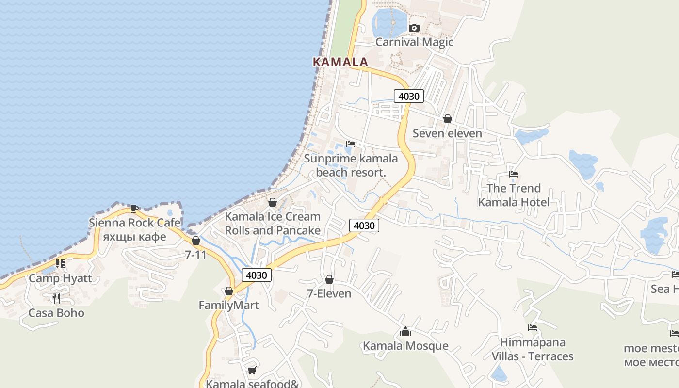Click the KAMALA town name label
340,62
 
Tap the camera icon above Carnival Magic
414,28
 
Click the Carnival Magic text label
414,42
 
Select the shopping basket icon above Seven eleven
447,119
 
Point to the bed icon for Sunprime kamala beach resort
350,144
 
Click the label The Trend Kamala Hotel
514,195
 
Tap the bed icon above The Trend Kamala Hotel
514,174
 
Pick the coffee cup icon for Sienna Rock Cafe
134,209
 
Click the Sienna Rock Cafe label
134,223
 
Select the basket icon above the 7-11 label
196,241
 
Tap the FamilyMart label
228,306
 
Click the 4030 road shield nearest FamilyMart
256,275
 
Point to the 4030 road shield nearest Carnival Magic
408,96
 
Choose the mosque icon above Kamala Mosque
405,332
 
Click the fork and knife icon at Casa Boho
56,298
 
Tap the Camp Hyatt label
60,278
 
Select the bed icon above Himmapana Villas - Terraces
532,328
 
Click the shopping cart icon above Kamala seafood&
252,371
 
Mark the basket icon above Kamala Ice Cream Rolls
273,202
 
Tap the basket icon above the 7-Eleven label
329,280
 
